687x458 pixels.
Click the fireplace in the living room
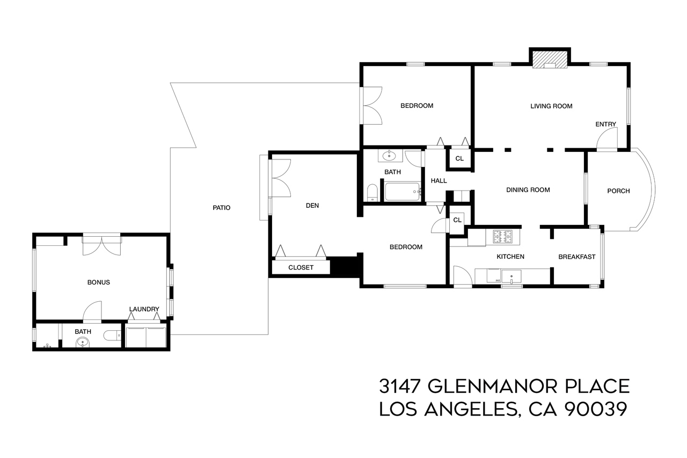[550, 60]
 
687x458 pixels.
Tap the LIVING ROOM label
[551, 106]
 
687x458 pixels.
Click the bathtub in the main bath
[403, 192]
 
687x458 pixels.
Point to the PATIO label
[221, 208]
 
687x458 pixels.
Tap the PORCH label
[618, 191]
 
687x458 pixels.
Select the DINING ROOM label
[528, 190]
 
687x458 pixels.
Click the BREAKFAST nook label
[576, 257]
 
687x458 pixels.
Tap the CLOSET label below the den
[301, 267]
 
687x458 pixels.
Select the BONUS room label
[99, 282]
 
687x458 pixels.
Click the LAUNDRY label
[144, 309]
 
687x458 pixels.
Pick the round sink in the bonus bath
[82, 342]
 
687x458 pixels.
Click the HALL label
[438, 181]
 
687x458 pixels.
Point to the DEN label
[313, 205]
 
